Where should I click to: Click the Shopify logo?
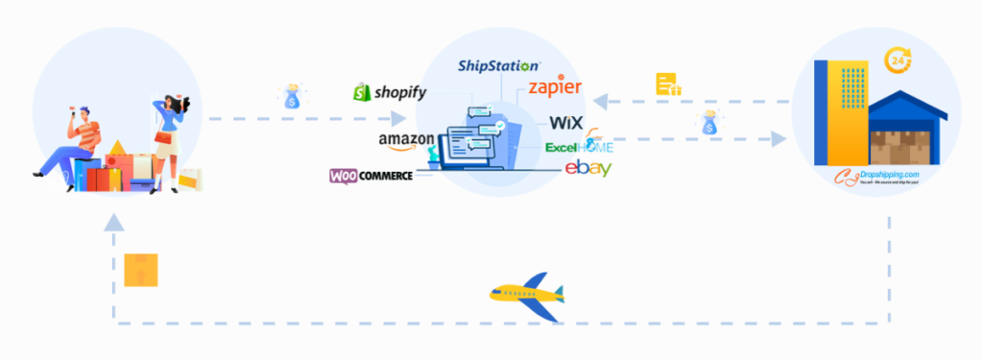coord(389,92)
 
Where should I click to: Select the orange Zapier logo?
coord(555,89)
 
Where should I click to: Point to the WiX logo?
coord(564,123)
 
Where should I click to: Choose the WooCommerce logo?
coord(372,176)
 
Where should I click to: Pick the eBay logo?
coord(587,168)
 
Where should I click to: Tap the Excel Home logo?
coord(578,147)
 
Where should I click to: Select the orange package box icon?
coord(141,271)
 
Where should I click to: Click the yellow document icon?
coord(668,84)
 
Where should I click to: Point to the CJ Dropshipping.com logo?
coord(877,175)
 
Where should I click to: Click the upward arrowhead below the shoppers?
coord(115,224)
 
